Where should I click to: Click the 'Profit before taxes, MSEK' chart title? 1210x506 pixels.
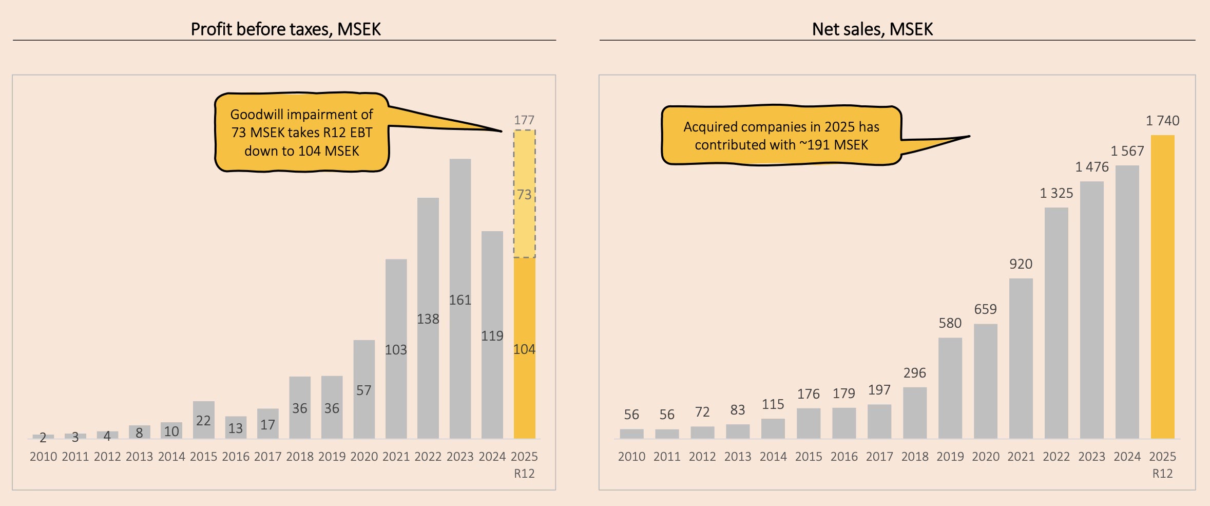pos(285,29)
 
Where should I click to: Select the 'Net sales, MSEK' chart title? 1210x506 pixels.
pos(872,29)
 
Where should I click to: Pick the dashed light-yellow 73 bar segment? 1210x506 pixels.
pos(524,194)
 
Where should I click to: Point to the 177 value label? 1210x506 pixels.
pos(524,120)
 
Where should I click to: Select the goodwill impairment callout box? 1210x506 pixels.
pos(301,133)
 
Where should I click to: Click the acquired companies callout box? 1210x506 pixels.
pos(781,136)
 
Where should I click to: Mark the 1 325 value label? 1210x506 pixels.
pos(1057,193)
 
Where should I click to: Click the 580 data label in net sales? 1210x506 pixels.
pos(950,323)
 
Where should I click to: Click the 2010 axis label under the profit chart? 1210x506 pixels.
pos(43,457)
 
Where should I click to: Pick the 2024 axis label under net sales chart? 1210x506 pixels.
pos(1127,457)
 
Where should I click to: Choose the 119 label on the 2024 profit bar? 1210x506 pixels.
pos(492,336)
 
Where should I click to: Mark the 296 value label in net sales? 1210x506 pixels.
pos(915,373)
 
